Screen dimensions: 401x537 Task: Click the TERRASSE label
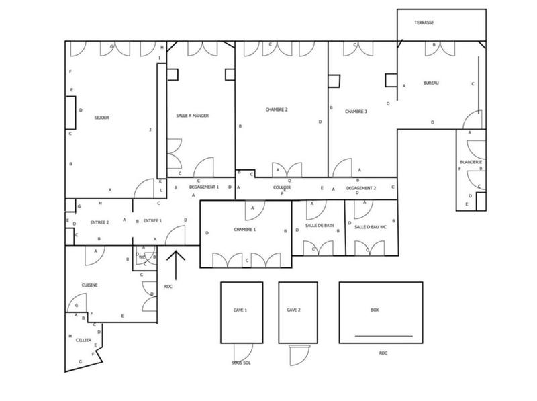pyautogui.click(x=424, y=23)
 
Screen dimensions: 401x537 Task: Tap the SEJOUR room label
pyautogui.click(x=102, y=118)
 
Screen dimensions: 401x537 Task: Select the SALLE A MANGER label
pyautogui.click(x=192, y=116)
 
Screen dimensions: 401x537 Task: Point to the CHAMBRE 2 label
pyautogui.click(x=276, y=109)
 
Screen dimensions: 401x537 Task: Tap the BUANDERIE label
pyautogui.click(x=471, y=162)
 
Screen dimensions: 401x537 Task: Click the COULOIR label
pyautogui.click(x=282, y=188)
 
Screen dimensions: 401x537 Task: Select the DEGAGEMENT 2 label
pyautogui.click(x=361, y=188)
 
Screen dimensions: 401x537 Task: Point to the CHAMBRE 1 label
pyautogui.click(x=245, y=230)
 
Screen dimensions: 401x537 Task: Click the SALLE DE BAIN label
pyautogui.click(x=319, y=226)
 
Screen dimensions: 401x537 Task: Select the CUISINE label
pyautogui.click(x=90, y=285)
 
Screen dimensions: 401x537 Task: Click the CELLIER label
pyautogui.click(x=83, y=340)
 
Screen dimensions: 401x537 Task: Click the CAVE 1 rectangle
pyautogui.click(x=241, y=311)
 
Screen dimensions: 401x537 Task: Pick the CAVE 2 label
pyautogui.click(x=294, y=310)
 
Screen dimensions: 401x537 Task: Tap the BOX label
pyautogui.click(x=375, y=310)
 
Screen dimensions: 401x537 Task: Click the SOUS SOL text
pyautogui.click(x=240, y=362)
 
